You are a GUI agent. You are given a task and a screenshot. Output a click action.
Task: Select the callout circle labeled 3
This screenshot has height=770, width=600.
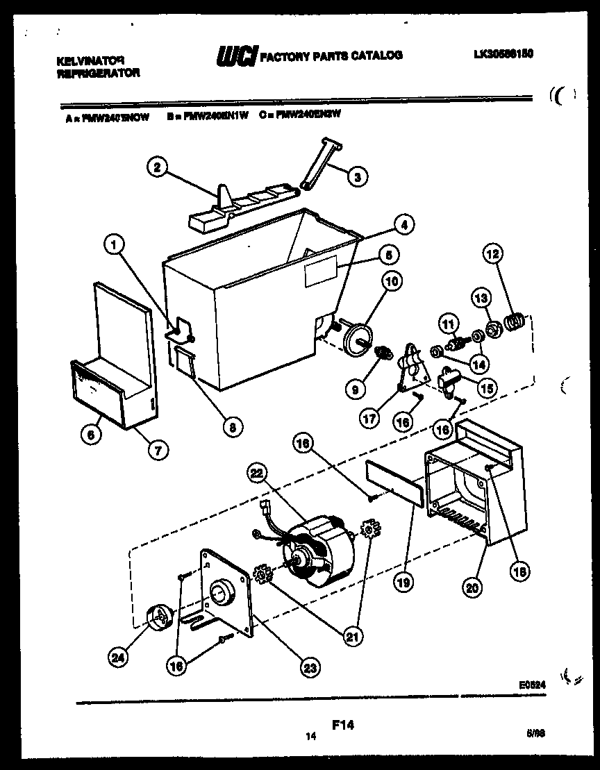tap(357, 177)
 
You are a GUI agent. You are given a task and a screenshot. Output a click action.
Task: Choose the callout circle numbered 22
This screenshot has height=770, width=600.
tap(258, 474)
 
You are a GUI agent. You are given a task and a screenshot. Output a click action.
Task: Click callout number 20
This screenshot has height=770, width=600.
tap(472, 587)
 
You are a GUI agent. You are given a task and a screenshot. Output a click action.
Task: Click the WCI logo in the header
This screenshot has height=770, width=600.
tap(236, 56)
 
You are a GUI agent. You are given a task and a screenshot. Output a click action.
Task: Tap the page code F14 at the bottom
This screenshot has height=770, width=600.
tap(342, 724)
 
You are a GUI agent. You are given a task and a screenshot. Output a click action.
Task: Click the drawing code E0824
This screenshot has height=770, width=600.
tap(532, 684)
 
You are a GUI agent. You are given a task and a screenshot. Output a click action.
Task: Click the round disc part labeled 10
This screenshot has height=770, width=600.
tap(360, 338)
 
